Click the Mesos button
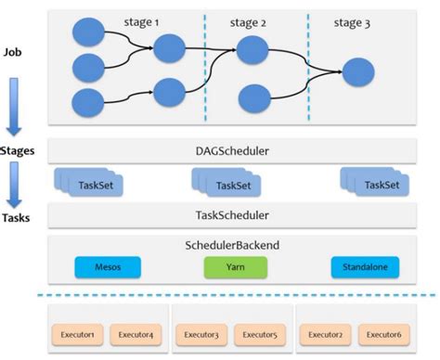tap(106, 267)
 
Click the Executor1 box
tap(79, 333)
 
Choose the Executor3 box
tap(201, 333)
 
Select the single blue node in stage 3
tap(358, 70)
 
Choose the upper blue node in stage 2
tap(253, 50)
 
